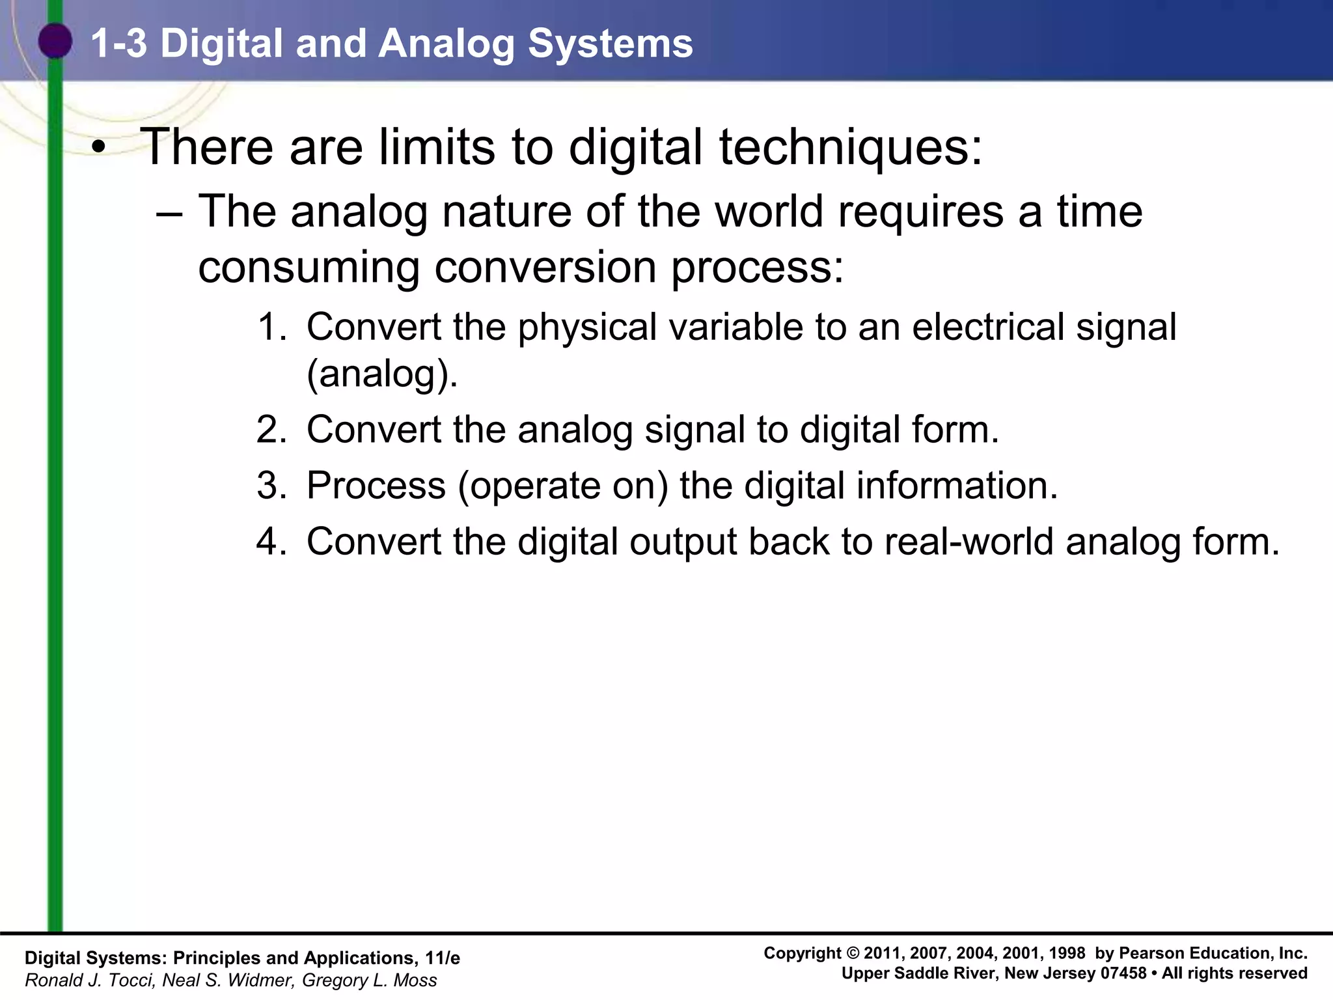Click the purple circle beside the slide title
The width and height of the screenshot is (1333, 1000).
55,41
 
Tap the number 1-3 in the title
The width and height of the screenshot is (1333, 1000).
118,44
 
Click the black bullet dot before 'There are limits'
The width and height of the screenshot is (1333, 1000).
98,148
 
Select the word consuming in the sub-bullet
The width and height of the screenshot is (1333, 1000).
309,268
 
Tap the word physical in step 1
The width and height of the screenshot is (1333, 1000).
587,327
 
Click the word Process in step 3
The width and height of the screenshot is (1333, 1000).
376,486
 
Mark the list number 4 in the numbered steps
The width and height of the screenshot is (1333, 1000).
271,542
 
